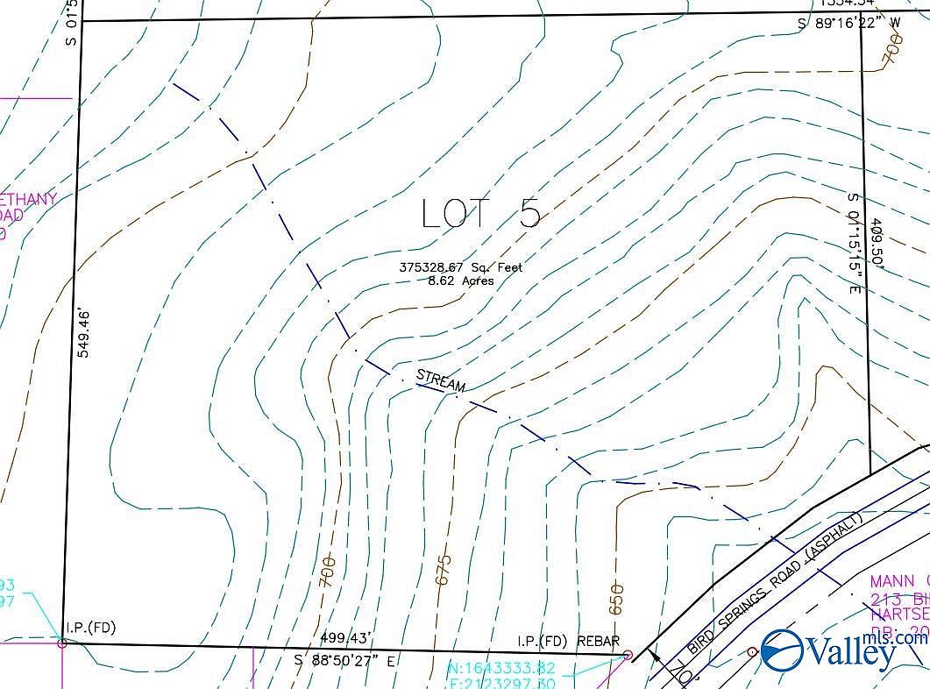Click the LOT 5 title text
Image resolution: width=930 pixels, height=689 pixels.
480,213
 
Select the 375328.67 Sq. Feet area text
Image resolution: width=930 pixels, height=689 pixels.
460,267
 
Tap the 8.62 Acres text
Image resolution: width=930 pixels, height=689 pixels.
460,281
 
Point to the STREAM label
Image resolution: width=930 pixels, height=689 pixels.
441,381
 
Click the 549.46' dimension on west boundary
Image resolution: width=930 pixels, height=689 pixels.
85,332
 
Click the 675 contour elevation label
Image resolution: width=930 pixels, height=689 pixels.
444,571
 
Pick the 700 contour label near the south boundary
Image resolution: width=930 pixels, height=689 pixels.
328,572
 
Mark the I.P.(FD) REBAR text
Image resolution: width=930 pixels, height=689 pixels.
568,641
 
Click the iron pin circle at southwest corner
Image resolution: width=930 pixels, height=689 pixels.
61,643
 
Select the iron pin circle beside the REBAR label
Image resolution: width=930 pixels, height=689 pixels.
628,654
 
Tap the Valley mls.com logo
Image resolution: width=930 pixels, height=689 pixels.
842,650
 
